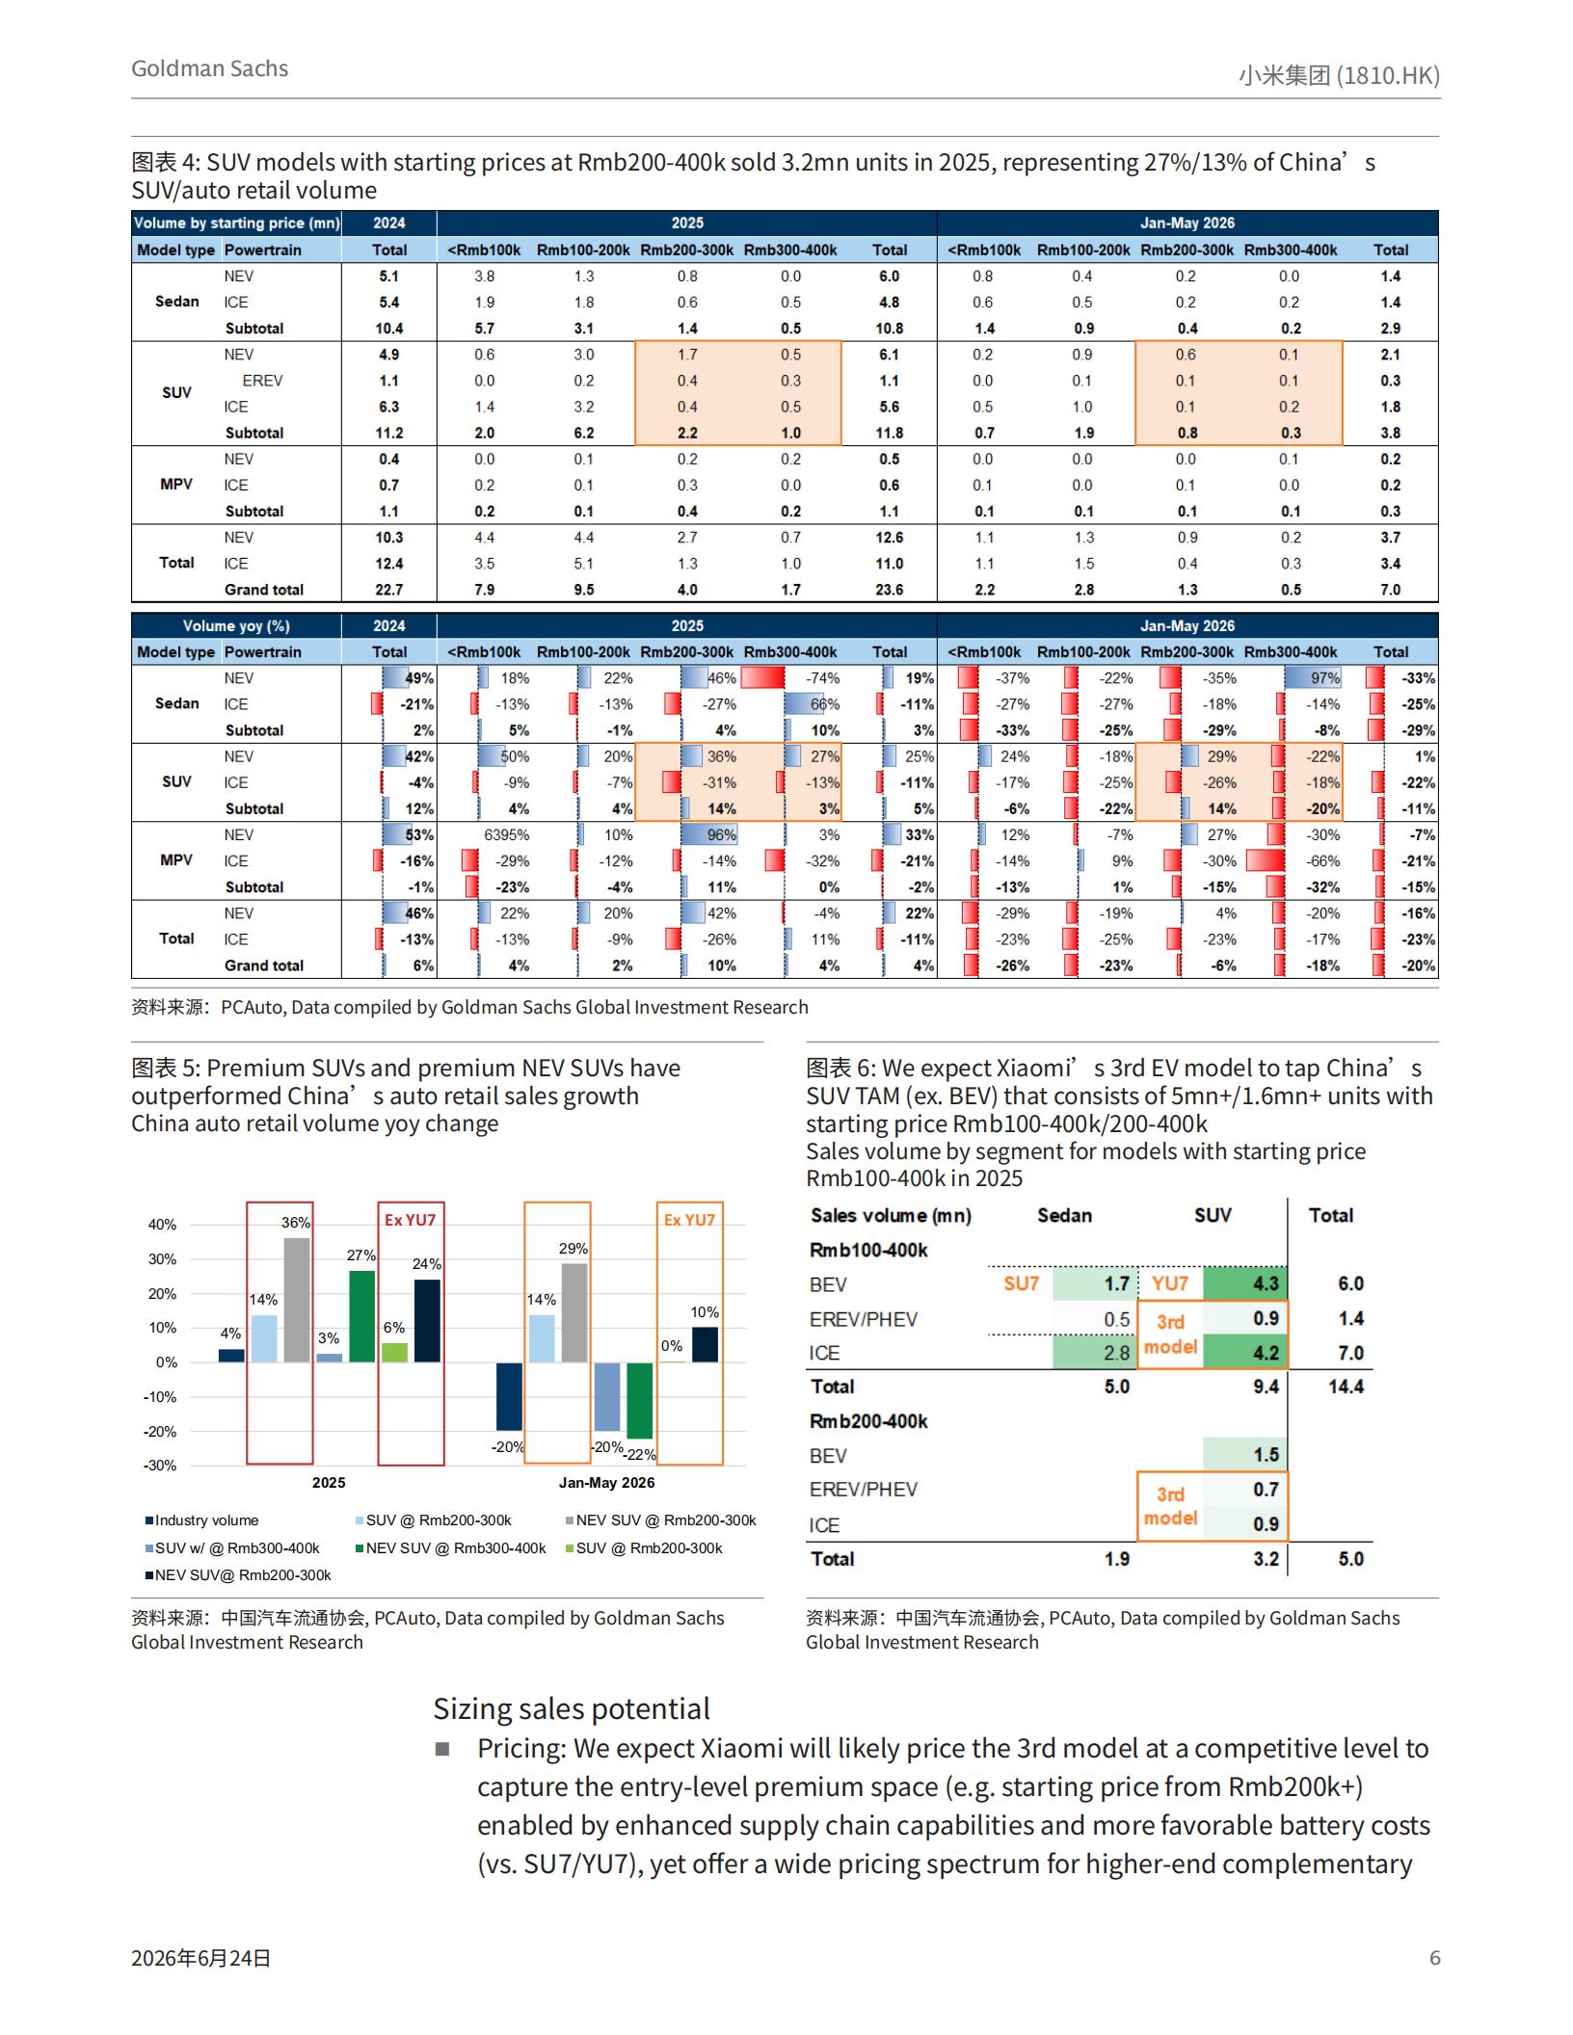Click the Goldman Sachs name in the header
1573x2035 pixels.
pyautogui.click(x=209, y=68)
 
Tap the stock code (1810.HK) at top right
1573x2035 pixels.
pyautogui.click(x=1388, y=75)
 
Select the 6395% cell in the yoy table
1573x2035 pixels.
pyautogui.click(x=506, y=834)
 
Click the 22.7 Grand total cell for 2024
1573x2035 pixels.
pyautogui.click(x=389, y=590)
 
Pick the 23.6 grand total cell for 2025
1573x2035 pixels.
pyautogui.click(x=889, y=590)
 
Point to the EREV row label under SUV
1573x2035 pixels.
pyautogui.click(x=262, y=381)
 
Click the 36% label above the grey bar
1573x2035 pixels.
pyautogui.click(x=296, y=1223)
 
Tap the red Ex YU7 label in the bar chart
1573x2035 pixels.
pyautogui.click(x=411, y=1220)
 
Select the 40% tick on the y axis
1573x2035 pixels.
pyautogui.click(x=162, y=1225)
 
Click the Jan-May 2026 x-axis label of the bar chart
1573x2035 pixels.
pyautogui.click(x=606, y=1483)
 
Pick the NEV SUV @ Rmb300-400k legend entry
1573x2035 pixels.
pyautogui.click(x=450, y=1548)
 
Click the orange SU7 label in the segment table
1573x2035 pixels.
pyautogui.click(x=1021, y=1283)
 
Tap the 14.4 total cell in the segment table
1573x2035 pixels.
pyautogui.click(x=1346, y=1387)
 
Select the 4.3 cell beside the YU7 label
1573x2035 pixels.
pyautogui.click(x=1266, y=1283)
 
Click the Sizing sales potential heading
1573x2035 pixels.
pyautogui.click(x=572, y=1708)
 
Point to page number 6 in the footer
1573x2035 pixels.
pyautogui.click(x=1435, y=1958)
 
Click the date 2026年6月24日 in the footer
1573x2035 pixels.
pyautogui.click(x=201, y=1958)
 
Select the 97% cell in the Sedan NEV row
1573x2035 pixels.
pyautogui.click(x=1324, y=678)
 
